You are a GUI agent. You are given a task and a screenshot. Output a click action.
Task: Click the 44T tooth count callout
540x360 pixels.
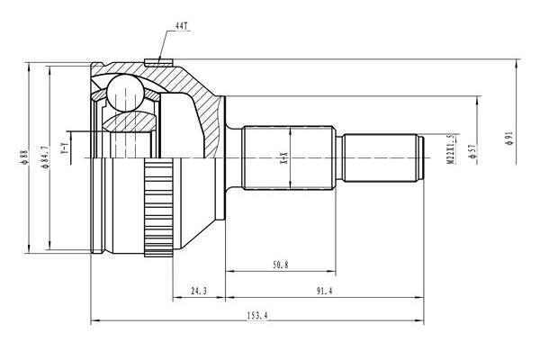(183, 26)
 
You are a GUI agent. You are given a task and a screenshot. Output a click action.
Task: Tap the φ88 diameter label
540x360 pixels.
(23, 157)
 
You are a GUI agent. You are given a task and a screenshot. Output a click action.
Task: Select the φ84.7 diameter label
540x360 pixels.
(45, 157)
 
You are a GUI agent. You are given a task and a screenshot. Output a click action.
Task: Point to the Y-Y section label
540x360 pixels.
(65, 148)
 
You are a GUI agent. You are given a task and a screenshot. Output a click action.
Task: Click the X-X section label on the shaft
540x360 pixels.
(284, 157)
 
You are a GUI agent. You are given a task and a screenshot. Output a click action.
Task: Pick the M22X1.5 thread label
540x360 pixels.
(450, 148)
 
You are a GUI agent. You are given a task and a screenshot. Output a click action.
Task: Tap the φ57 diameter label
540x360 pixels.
(472, 151)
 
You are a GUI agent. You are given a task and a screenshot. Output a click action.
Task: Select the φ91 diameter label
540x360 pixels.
(508, 138)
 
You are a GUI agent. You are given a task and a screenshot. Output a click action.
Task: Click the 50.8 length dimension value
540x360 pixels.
(281, 265)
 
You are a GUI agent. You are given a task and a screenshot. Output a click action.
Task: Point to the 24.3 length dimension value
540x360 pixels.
(199, 291)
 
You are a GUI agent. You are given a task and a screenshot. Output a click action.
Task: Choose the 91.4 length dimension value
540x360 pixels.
(324, 291)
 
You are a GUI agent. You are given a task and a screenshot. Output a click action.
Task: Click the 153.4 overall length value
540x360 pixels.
(257, 315)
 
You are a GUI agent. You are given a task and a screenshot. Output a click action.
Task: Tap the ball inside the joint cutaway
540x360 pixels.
(125, 93)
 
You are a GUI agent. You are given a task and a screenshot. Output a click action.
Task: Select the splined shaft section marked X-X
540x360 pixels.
(289, 157)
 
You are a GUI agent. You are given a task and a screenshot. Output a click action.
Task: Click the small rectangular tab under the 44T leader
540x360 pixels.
(158, 62)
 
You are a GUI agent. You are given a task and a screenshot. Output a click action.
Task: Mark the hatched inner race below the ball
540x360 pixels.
(130, 121)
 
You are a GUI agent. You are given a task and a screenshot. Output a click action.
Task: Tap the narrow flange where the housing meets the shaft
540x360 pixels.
(221, 157)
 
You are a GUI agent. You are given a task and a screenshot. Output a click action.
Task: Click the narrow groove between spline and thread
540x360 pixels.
(339, 157)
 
